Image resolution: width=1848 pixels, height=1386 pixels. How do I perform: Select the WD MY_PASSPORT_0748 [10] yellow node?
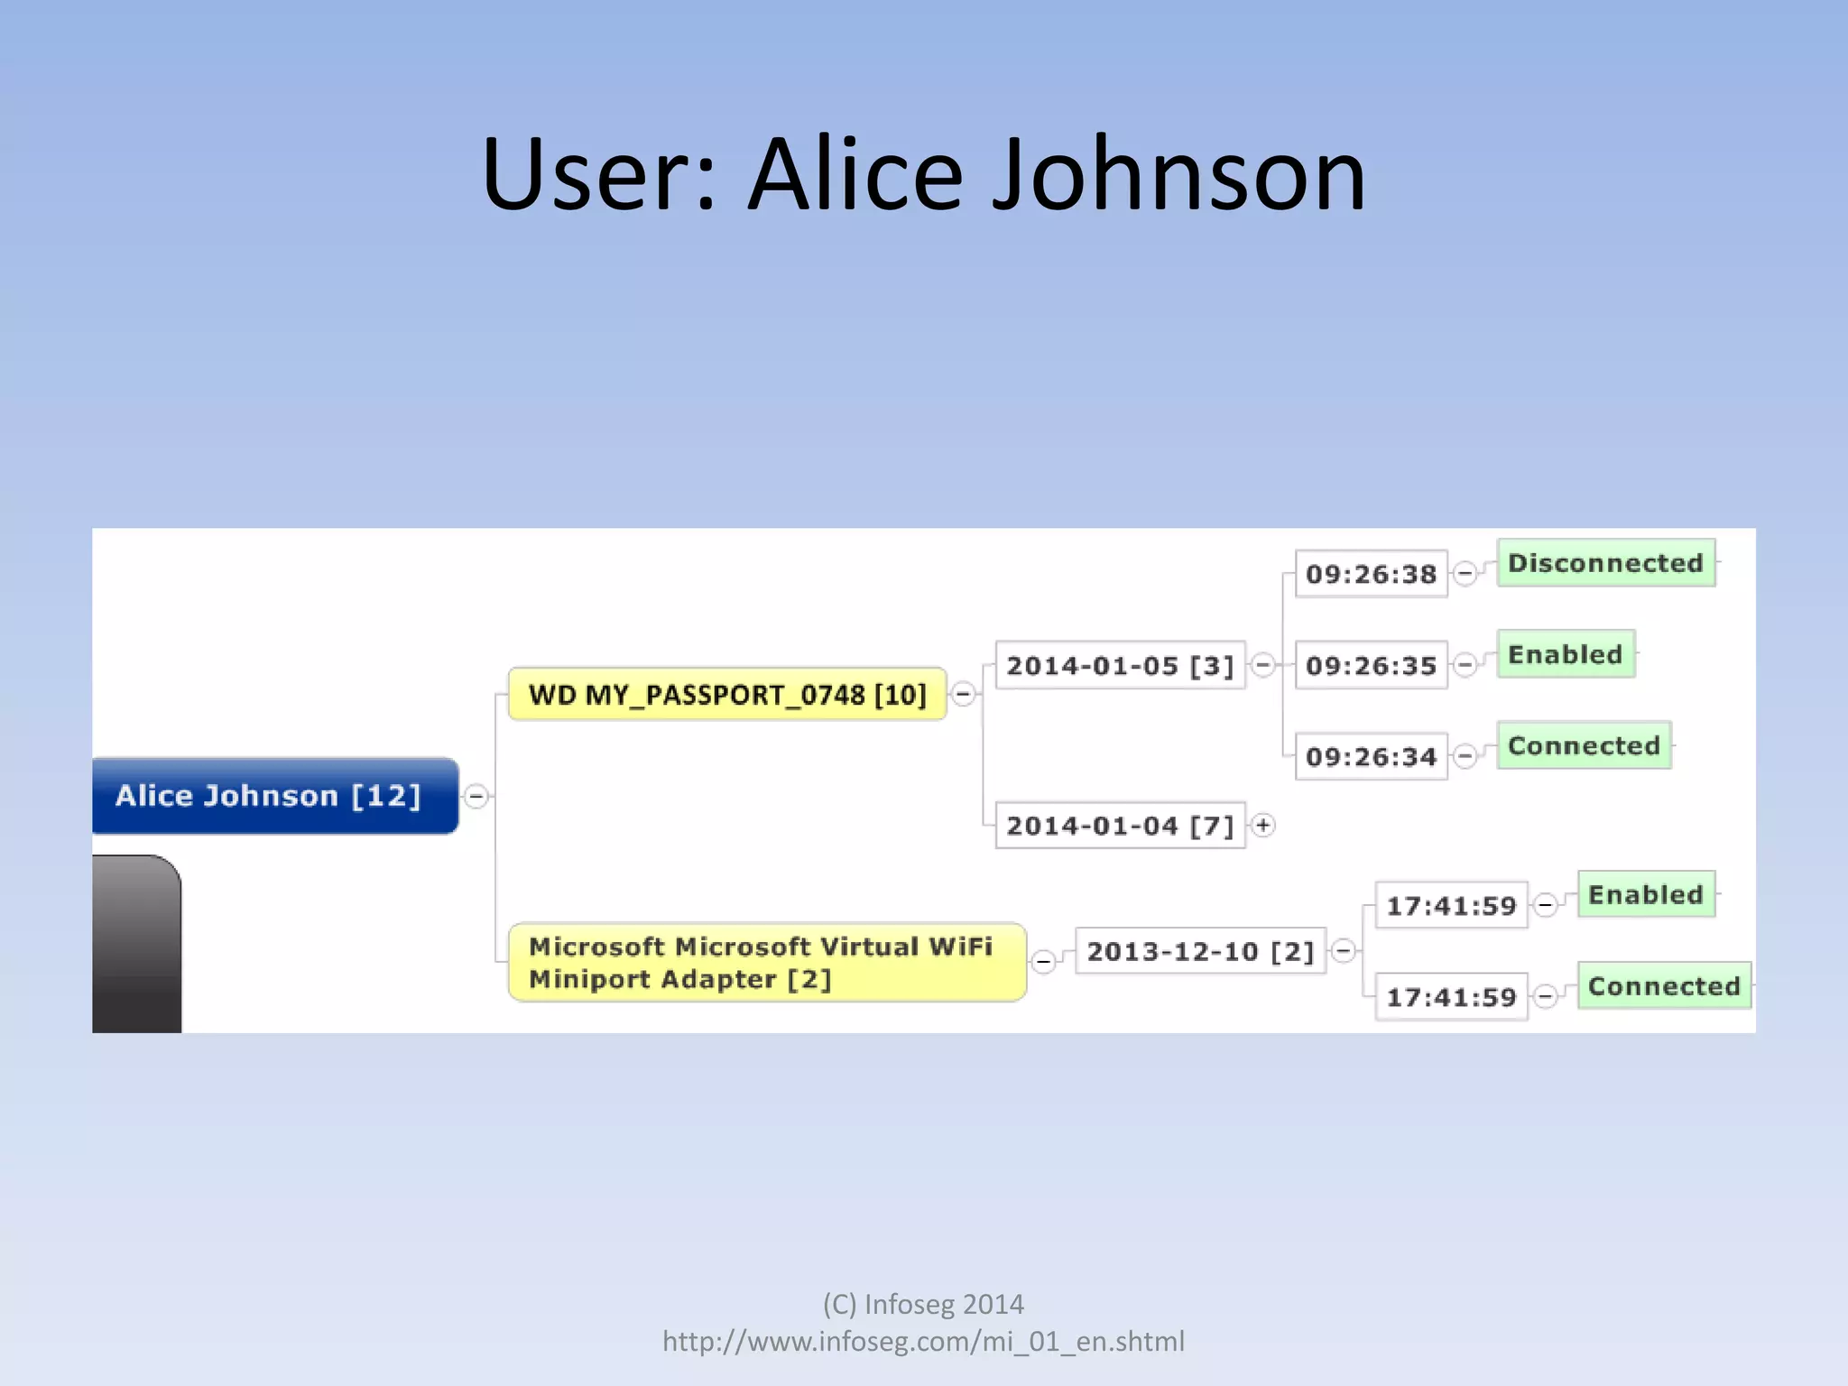pyautogui.click(x=727, y=695)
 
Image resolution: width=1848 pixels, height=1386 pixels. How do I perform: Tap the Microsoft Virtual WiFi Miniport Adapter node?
pyautogui.click(x=767, y=963)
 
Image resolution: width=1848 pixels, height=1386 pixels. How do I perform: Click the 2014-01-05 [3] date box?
pyautogui.click(x=1120, y=666)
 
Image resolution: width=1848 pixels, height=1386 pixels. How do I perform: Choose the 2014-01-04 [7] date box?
pyautogui.click(x=1120, y=826)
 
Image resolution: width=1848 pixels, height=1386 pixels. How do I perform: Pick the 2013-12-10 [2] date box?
pyautogui.click(x=1200, y=951)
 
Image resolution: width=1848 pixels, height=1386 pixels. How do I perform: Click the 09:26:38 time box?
pyautogui.click(x=1371, y=574)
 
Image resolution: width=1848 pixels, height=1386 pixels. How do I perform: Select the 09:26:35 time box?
pyautogui.click(x=1371, y=666)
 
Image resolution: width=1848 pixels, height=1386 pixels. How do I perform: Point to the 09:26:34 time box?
pyautogui.click(x=1371, y=756)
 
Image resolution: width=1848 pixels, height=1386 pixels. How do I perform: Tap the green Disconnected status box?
pyautogui.click(x=1605, y=563)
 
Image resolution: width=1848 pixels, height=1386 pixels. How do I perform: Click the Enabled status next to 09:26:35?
pyautogui.click(x=1565, y=654)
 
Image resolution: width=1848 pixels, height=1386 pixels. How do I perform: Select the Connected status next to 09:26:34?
pyautogui.click(x=1584, y=745)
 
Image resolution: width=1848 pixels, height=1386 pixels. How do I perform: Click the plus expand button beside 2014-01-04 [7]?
pyautogui.click(x=1263, y=825)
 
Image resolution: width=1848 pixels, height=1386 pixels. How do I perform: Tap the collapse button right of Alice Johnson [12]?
pyautogui.click(x=476, y=796)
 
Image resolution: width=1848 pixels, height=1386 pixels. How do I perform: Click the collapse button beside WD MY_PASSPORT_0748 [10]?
pyautogui.click(x=964, y=694)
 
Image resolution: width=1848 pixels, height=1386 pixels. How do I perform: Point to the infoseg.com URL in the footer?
pyautogui.click(x=923, y=1342)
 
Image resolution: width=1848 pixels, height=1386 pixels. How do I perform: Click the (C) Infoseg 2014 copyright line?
pyautogui.click(x=923, y=1304)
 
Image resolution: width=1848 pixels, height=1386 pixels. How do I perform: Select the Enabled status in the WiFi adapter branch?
pyautogui.click(x=1645, y=894)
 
